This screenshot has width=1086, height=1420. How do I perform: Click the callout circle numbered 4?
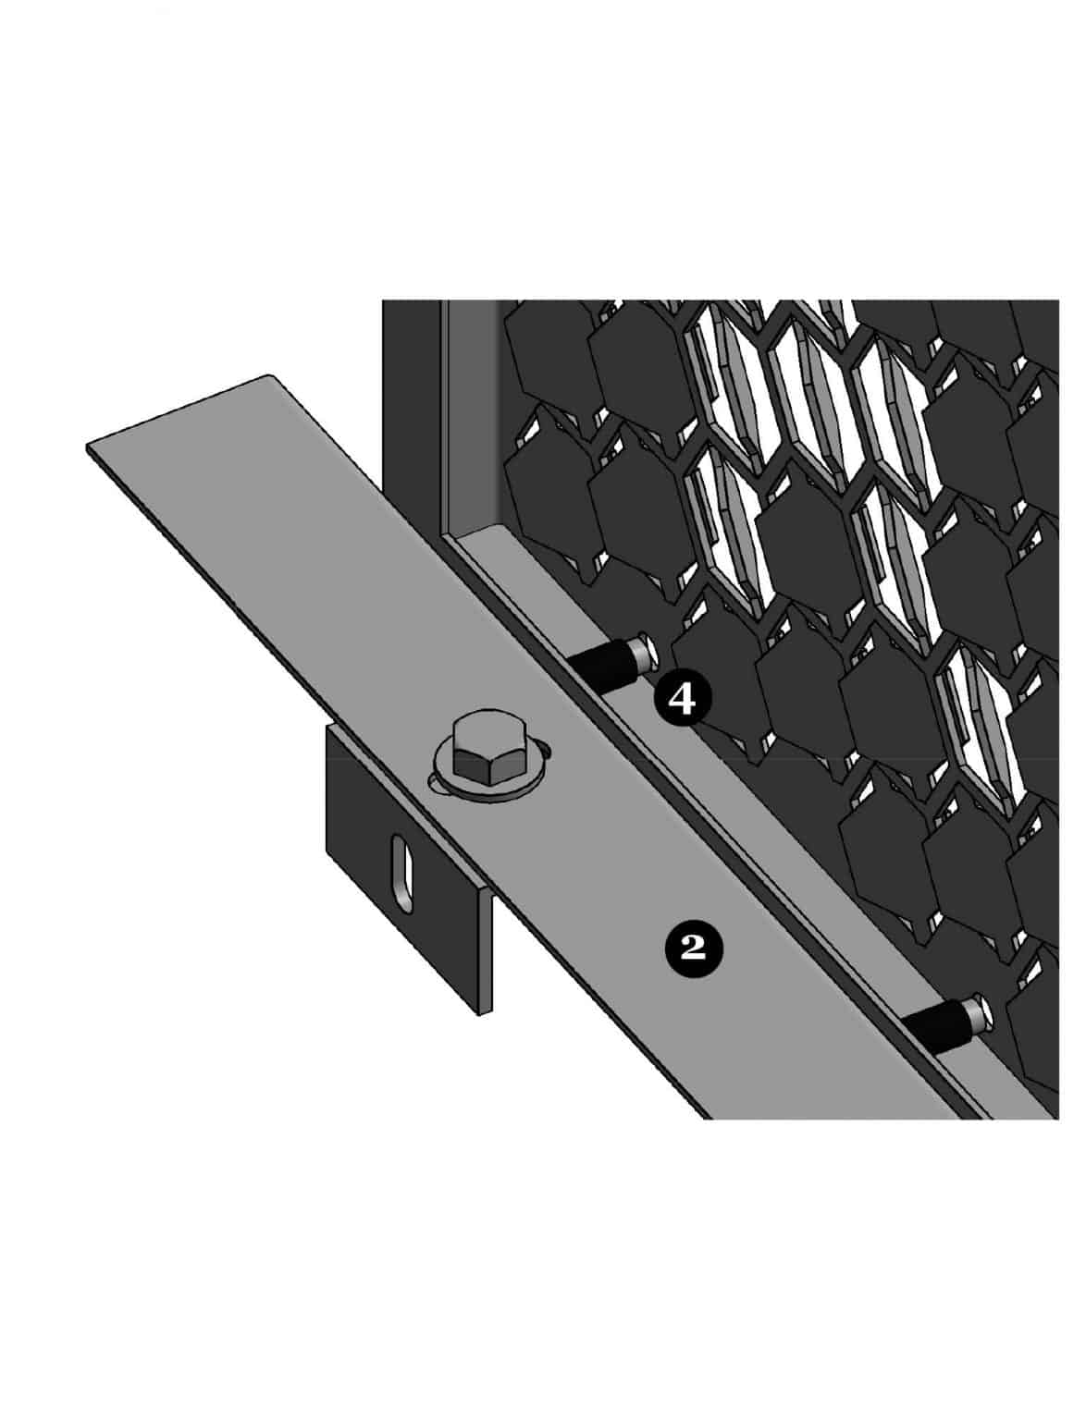click(x=682, y=700)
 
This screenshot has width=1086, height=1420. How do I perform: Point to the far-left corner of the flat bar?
click(x=90, y=449)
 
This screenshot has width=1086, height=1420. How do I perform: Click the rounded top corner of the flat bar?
click(x=268, y=376)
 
